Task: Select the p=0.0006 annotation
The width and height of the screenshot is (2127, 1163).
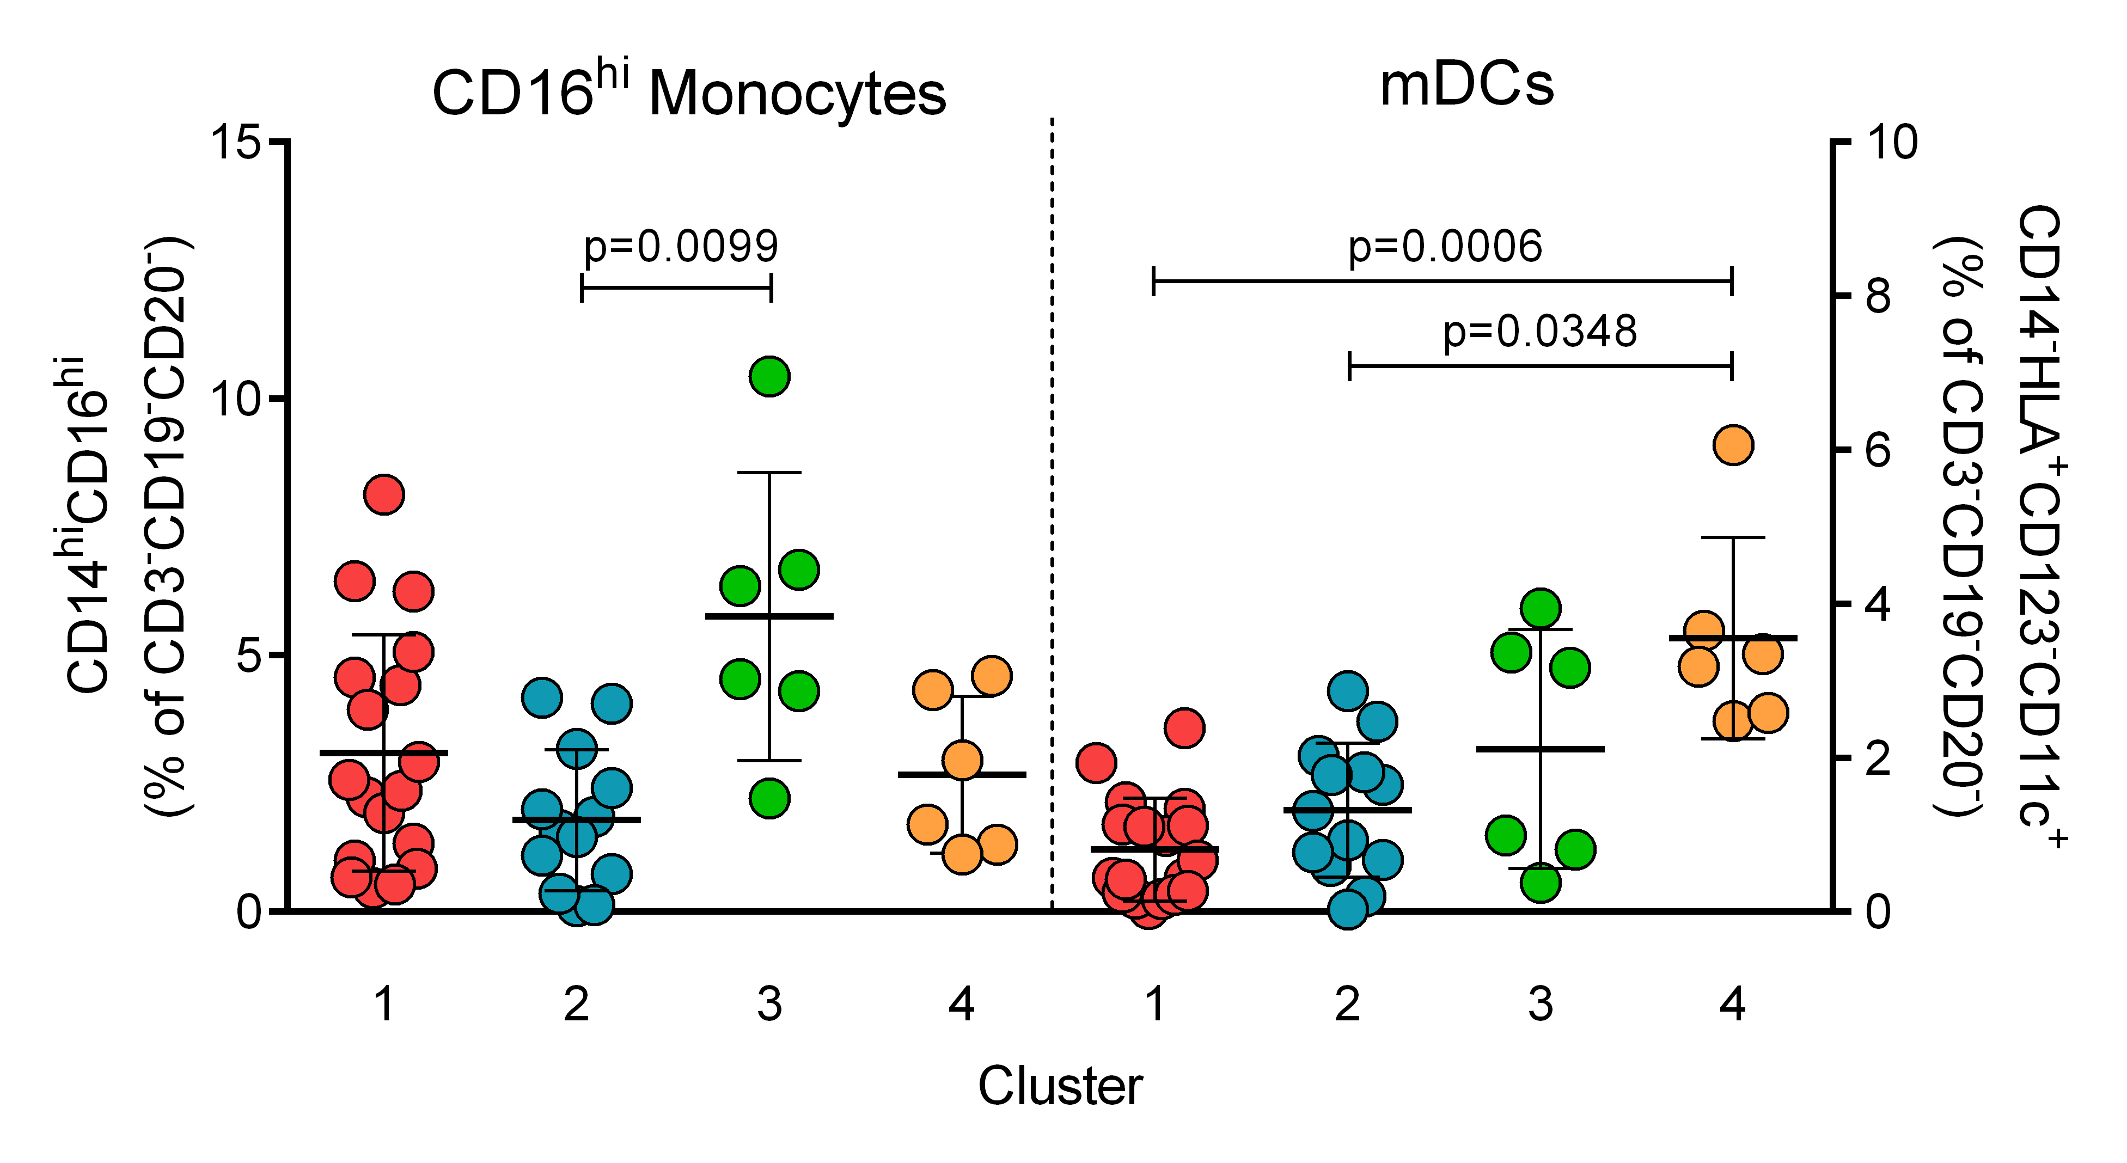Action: [x=1445, y=246]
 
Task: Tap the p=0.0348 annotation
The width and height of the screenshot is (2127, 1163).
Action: [x=1540, y=332]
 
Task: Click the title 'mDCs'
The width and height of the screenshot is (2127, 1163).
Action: [x=1466, y=85]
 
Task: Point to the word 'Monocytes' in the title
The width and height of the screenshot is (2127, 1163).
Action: [x=797, y=95]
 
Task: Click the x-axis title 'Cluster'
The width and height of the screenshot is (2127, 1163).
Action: [x=1060, y=1086]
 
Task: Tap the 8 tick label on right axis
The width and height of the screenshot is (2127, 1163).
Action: [x=1878, y=296]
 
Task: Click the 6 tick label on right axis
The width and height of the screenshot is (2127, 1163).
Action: [x=1878, y=451]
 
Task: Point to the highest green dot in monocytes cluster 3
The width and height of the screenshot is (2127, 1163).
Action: [x=769, y=376]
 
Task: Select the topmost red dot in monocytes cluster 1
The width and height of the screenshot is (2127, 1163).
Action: [x=384, y=494]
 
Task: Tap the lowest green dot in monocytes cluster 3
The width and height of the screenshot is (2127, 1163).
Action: [x=769, y=798]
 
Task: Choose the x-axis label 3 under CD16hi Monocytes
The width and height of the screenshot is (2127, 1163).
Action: [x=769, y=1005]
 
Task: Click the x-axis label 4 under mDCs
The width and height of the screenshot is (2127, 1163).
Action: [x=1732, y=1005]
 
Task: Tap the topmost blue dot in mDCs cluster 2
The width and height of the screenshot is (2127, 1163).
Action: [x=1348, y=690]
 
